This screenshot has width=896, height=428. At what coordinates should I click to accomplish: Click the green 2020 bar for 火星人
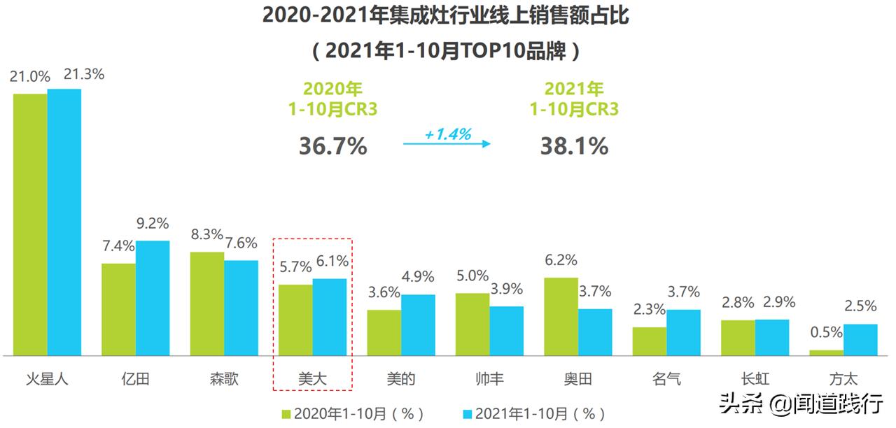pyautogui.click(x=30, y=224)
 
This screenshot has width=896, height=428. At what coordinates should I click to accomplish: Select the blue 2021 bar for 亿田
pyautogui.click(x=153, y=298)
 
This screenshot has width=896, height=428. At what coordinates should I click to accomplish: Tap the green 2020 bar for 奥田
pyautogui.click(x=561, y=316)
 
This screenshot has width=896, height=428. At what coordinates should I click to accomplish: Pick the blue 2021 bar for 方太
pyautogui.click(x=860, y=339)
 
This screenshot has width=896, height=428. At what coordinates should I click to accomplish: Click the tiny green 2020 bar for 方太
pyautogui.click(x=826, y=352)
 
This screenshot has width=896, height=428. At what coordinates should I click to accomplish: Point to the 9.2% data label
pyautogui.click(x=153, y=224)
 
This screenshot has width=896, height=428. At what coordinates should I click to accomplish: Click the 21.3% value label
pyautogui.click(x=83, y=74)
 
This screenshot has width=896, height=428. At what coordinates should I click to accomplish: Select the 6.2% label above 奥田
pyautogui.click(x=561, y=260)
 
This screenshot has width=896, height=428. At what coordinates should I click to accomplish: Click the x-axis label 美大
pyautogui.click(x=312, y=379)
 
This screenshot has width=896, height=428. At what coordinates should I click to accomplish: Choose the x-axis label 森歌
pyautogui.click(x=224, y=379)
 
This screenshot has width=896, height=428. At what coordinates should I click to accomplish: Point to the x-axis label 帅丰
pyautogui.click(x=489, y=379)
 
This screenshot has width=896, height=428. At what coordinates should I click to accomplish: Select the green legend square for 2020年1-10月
pyautogui.click(x=286, y=414)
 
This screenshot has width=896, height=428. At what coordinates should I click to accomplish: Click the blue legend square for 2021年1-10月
pyautogui.click(x=468, y=414)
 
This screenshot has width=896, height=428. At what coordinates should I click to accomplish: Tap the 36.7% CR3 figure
pyautogui.click(x=333, y=145)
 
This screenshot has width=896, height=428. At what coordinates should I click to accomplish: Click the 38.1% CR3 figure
pyautogui.click(x=574, y=145)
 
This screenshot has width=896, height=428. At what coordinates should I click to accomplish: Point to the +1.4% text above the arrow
pyautogui.click(x=447, y=134)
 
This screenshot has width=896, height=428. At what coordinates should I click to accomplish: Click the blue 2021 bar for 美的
pyautogui.click(x=418, y=324)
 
